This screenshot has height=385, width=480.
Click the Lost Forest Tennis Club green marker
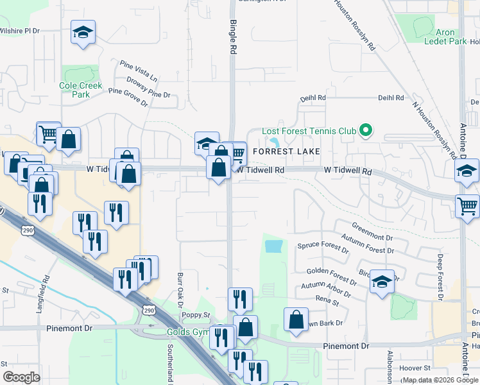(x=366, y=131)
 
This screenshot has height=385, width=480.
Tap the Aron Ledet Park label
(x=445, y=37)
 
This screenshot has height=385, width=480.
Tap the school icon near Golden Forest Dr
(x=382, y=281)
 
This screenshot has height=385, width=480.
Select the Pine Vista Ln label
(x=139, y=71)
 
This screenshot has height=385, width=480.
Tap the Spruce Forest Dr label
(x=321, y=246)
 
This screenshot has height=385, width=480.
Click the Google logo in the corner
(x=21, y=377)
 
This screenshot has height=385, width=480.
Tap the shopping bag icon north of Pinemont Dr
(x=295, y=320)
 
